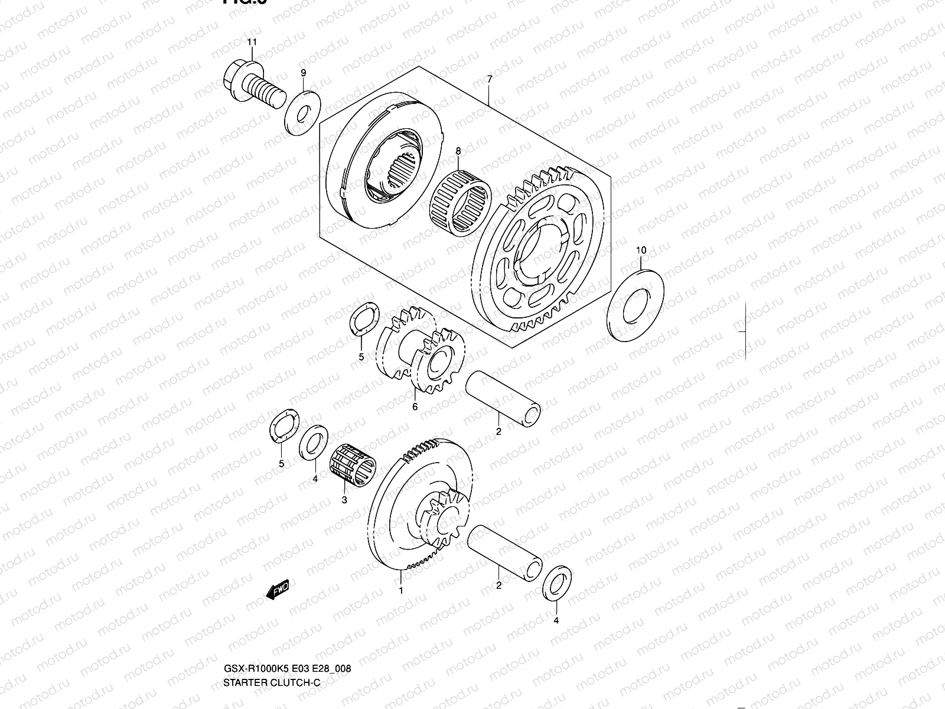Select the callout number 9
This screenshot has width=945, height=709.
[304, 73]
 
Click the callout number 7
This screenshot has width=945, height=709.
[489, 79]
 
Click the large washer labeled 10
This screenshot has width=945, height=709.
[636, 305]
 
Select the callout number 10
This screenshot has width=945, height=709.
[641, 251]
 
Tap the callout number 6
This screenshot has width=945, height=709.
[415, 407]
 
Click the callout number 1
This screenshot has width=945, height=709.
[401, 590]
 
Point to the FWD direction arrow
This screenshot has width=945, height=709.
[277, 589]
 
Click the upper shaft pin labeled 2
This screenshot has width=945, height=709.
[503, 399]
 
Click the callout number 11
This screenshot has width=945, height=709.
[252, 42]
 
